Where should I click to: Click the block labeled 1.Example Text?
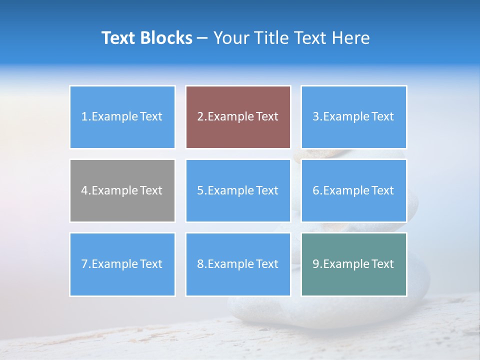(122, 117)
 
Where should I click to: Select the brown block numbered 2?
(238, 117)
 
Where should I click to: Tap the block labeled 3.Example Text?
(353, 117)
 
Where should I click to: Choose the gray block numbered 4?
(122, 190)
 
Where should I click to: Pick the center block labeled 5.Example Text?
(238, 190)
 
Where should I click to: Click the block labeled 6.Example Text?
(353, 190)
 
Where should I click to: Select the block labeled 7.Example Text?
(122, 264)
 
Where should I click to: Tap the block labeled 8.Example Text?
(238, 264)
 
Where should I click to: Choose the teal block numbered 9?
(353, 264)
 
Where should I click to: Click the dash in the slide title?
(202, 38)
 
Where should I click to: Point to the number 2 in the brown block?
(200, 117)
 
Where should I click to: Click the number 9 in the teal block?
(316, 264)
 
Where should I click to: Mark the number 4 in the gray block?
(84, 190)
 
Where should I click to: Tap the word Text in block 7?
(151, 264)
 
